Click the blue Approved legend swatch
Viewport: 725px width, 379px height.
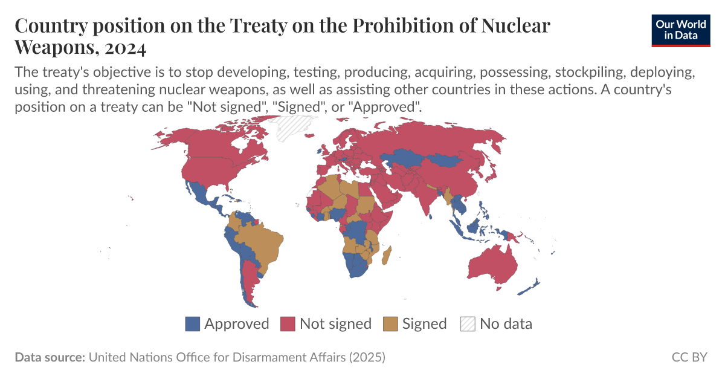click(192, 324)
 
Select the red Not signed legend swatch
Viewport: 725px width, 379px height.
click(288, 324)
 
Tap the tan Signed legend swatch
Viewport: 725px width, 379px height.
click(390, 324)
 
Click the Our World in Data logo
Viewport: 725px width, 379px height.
click(681, 30)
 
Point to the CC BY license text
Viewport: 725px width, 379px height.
click(689, 357)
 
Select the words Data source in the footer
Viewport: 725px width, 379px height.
click(50, 357)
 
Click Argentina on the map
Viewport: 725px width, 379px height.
click(248, 279)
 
